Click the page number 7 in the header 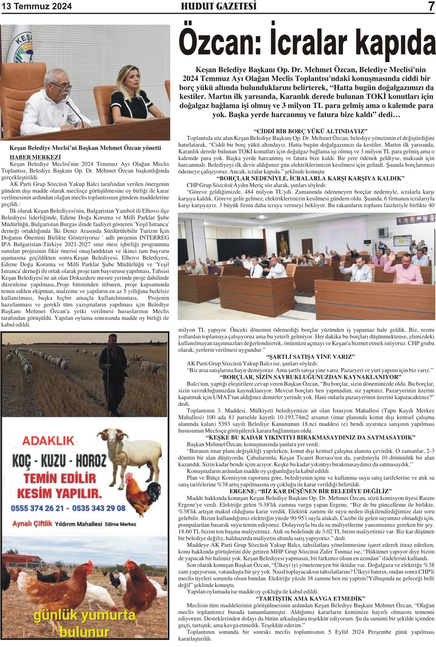[431, 7]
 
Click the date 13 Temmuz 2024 [37, 6]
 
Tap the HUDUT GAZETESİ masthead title [219, 6]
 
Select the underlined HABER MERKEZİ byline [35, 157]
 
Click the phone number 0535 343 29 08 [99, 509]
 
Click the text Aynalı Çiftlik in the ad [32, 524]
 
